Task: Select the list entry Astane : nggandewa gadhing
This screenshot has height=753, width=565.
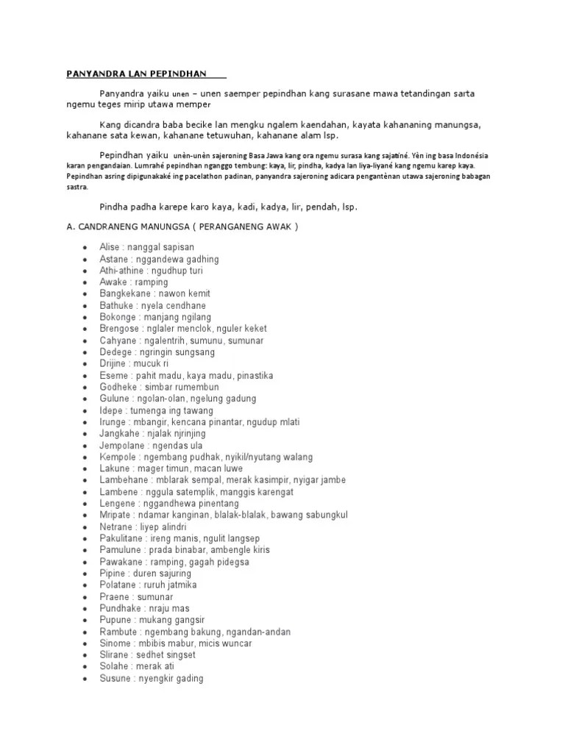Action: click(x=159, y=260)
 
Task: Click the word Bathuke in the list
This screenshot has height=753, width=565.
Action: click(x=116, y=306)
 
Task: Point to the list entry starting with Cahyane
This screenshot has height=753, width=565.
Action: click(x=181, y=341)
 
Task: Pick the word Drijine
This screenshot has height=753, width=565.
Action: click(x=115, y=364)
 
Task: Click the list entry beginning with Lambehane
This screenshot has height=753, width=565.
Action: click(x=222, y=480)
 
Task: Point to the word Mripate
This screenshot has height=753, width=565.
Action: click(x=116, y=515)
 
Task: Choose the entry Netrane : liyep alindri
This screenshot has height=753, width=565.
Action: click(x=143, y=527)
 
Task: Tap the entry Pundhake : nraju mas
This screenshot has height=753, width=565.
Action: click(x=144, y=608)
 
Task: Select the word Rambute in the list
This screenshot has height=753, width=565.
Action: click(x=117, y=632)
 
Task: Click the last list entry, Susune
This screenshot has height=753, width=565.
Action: click(x=151, y=679)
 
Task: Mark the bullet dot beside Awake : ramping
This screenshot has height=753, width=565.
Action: click(x=87, y=283)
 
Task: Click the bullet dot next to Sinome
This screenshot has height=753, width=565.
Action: click(x=87, y=644)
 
